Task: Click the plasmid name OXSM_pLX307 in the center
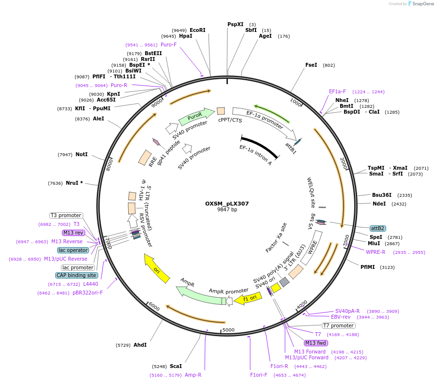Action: point(227,204)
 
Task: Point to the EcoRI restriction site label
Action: point(197,30)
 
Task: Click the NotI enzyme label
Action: point(81,154)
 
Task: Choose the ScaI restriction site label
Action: point(176,366)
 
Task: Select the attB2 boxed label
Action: point(377,228)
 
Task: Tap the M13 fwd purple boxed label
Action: point(316,343)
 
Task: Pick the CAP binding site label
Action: point(79,275)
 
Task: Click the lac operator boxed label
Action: point(73,250)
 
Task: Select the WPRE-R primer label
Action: point(376,252)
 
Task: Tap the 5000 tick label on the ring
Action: point(228,330)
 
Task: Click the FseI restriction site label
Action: point(311,65)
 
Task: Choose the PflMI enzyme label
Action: point(369,266)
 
